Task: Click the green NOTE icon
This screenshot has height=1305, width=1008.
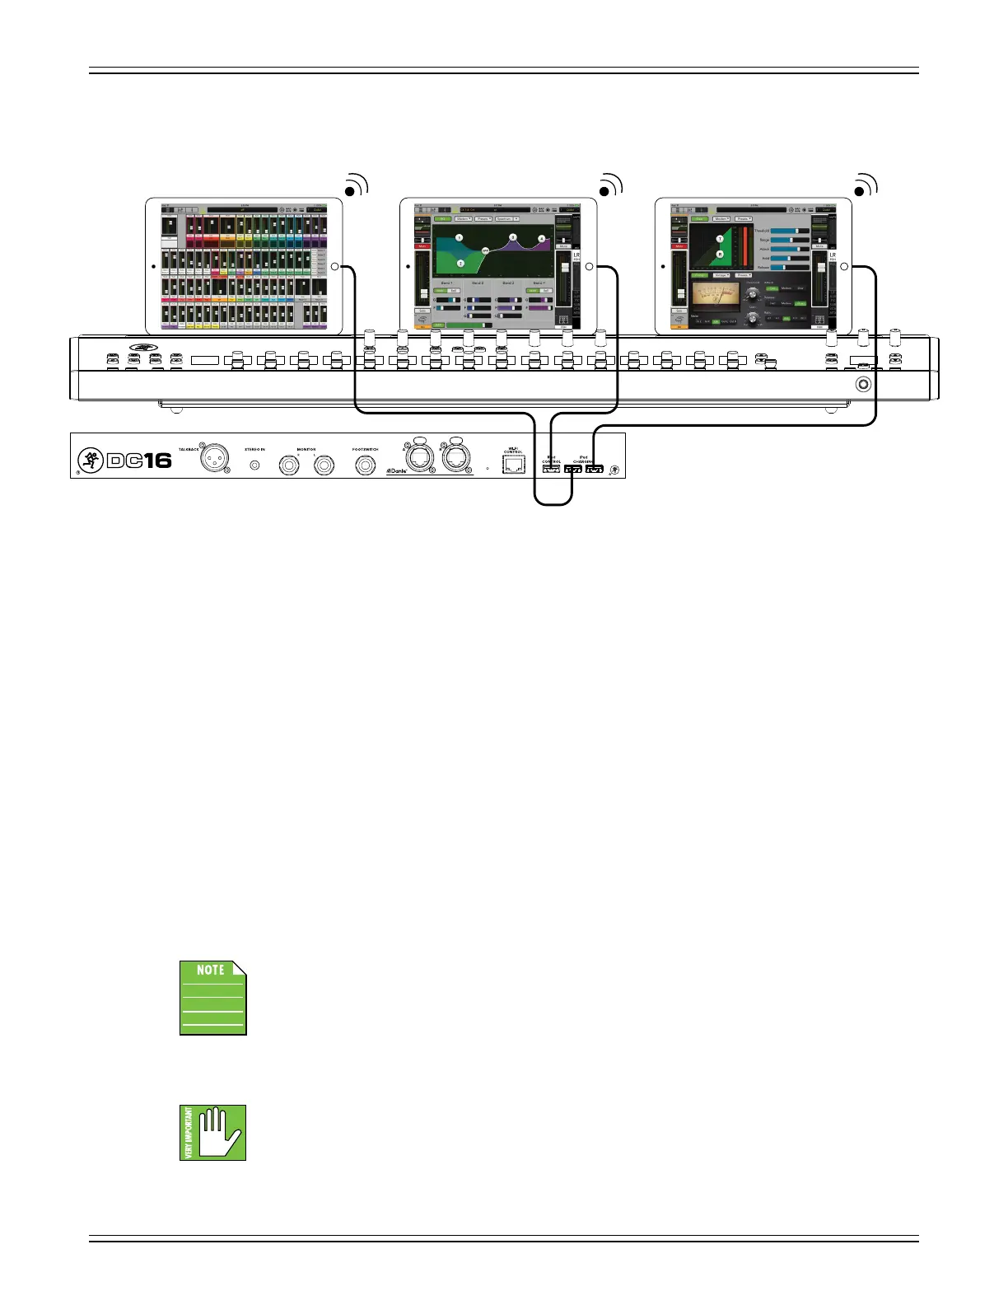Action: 213,998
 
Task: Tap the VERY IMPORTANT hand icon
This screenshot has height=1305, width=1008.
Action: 213,1133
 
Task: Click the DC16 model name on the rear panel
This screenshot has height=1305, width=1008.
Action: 139,460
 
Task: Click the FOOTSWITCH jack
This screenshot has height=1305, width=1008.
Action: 366,465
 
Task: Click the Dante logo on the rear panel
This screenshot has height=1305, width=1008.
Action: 397,471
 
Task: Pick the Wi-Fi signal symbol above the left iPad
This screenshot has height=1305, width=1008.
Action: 354,186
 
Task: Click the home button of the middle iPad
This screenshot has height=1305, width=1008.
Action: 589,267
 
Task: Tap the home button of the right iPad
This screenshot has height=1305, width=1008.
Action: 844,267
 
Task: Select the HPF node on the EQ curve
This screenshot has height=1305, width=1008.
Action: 485,250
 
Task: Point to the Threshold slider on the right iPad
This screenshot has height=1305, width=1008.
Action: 789,231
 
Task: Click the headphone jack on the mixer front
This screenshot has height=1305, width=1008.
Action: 863,384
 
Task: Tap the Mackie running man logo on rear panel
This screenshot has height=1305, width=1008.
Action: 90,460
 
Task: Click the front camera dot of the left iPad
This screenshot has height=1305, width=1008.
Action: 154,266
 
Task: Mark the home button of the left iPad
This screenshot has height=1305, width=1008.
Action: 334,267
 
